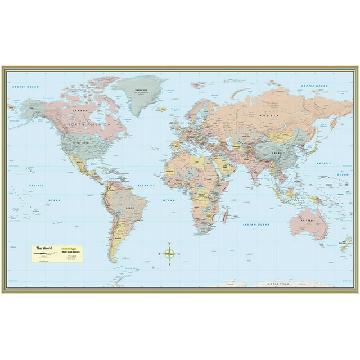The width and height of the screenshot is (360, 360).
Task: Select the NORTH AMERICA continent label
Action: [x=88, y=124]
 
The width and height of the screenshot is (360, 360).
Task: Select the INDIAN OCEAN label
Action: [x=256, y=224]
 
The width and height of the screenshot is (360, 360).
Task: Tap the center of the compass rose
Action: [x=170, y=254]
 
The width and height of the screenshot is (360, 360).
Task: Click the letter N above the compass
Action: [x=170, y=244]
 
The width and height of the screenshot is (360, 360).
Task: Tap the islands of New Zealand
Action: [x=345, y=244]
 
